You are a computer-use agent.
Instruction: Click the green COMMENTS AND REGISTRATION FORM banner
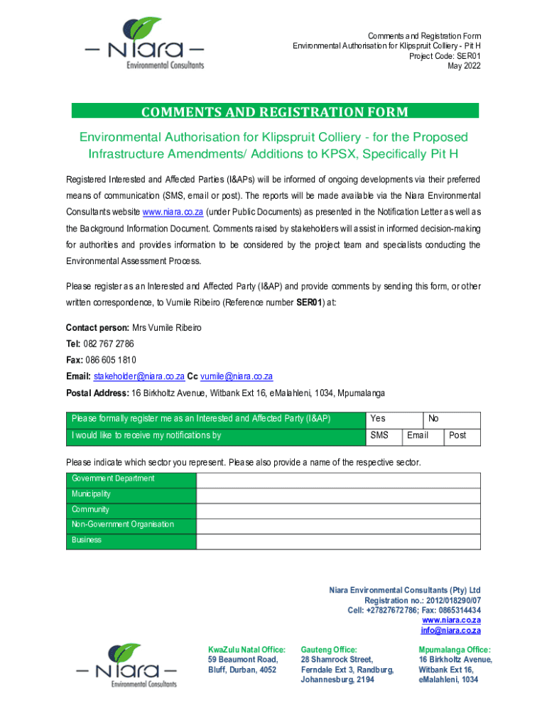[275, 111]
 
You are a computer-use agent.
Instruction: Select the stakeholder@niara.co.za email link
[139, 376]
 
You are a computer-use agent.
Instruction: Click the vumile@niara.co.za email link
[237, 376]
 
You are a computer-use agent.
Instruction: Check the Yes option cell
[393, 419]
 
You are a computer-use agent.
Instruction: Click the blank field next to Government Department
[338, 479]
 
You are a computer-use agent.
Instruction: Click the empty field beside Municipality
[338, 494]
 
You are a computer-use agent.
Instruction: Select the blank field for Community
[338, 510]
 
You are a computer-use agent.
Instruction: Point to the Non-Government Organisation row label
[122, 525]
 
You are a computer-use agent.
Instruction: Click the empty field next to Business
[338, 540]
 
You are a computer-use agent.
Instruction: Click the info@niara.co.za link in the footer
[450, 630]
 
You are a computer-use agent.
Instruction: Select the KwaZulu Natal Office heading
[246, 650]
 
